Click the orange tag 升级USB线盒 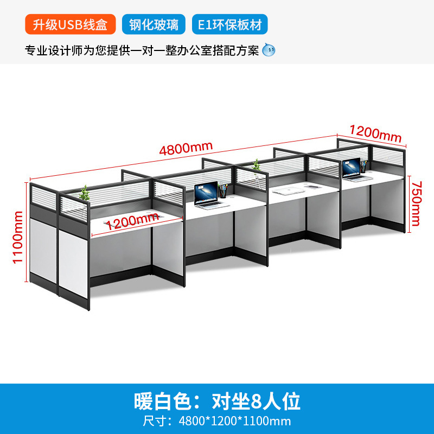click(70, 24)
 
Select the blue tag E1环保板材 click(229, 24)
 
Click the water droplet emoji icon click(269, 50)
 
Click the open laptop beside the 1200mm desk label click(206, 194)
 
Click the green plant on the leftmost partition click(84, 193)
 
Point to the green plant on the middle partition click(256, 164)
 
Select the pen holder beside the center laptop click(223, 190)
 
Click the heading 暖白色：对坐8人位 click(216, 402)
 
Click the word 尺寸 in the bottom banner click(154, 421)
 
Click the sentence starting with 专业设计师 click(142, 50)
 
